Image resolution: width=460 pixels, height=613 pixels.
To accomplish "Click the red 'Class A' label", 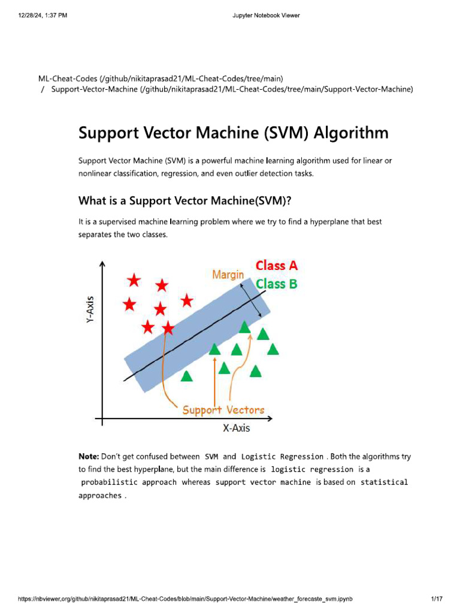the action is pyautogui.click(x=277, y=265).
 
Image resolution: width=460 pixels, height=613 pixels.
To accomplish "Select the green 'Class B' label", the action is pyautogui.click(x=277, y=284).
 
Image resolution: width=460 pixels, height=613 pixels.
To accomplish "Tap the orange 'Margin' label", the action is pyautogui.click(x=228, y=275).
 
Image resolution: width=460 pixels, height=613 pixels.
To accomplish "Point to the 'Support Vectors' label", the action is pyautogui.click(x=223, y=410).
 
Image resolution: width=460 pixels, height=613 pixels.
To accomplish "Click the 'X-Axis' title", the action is pyautogui.click(x=237, y=428).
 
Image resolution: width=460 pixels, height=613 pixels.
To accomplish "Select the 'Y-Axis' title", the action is pyautogui.click(x=90, y=309).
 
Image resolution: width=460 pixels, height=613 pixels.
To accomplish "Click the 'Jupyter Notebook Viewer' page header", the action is pyautogui.click(x=266, y=16).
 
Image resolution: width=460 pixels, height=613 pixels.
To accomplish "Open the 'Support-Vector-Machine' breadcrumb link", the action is pyautogui.click(x=94, y=90).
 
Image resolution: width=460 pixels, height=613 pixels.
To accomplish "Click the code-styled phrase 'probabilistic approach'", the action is pyautogui.click(x=129, y=482).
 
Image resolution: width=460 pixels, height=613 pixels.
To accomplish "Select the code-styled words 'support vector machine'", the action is pyautogui.click(x=263, y=482).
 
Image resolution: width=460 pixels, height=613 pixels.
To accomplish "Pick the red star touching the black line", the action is pyautogui.click(x=168, y=328).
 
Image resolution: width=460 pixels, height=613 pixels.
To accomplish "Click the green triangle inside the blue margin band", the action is pyautogui.click(x=244, y=327).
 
